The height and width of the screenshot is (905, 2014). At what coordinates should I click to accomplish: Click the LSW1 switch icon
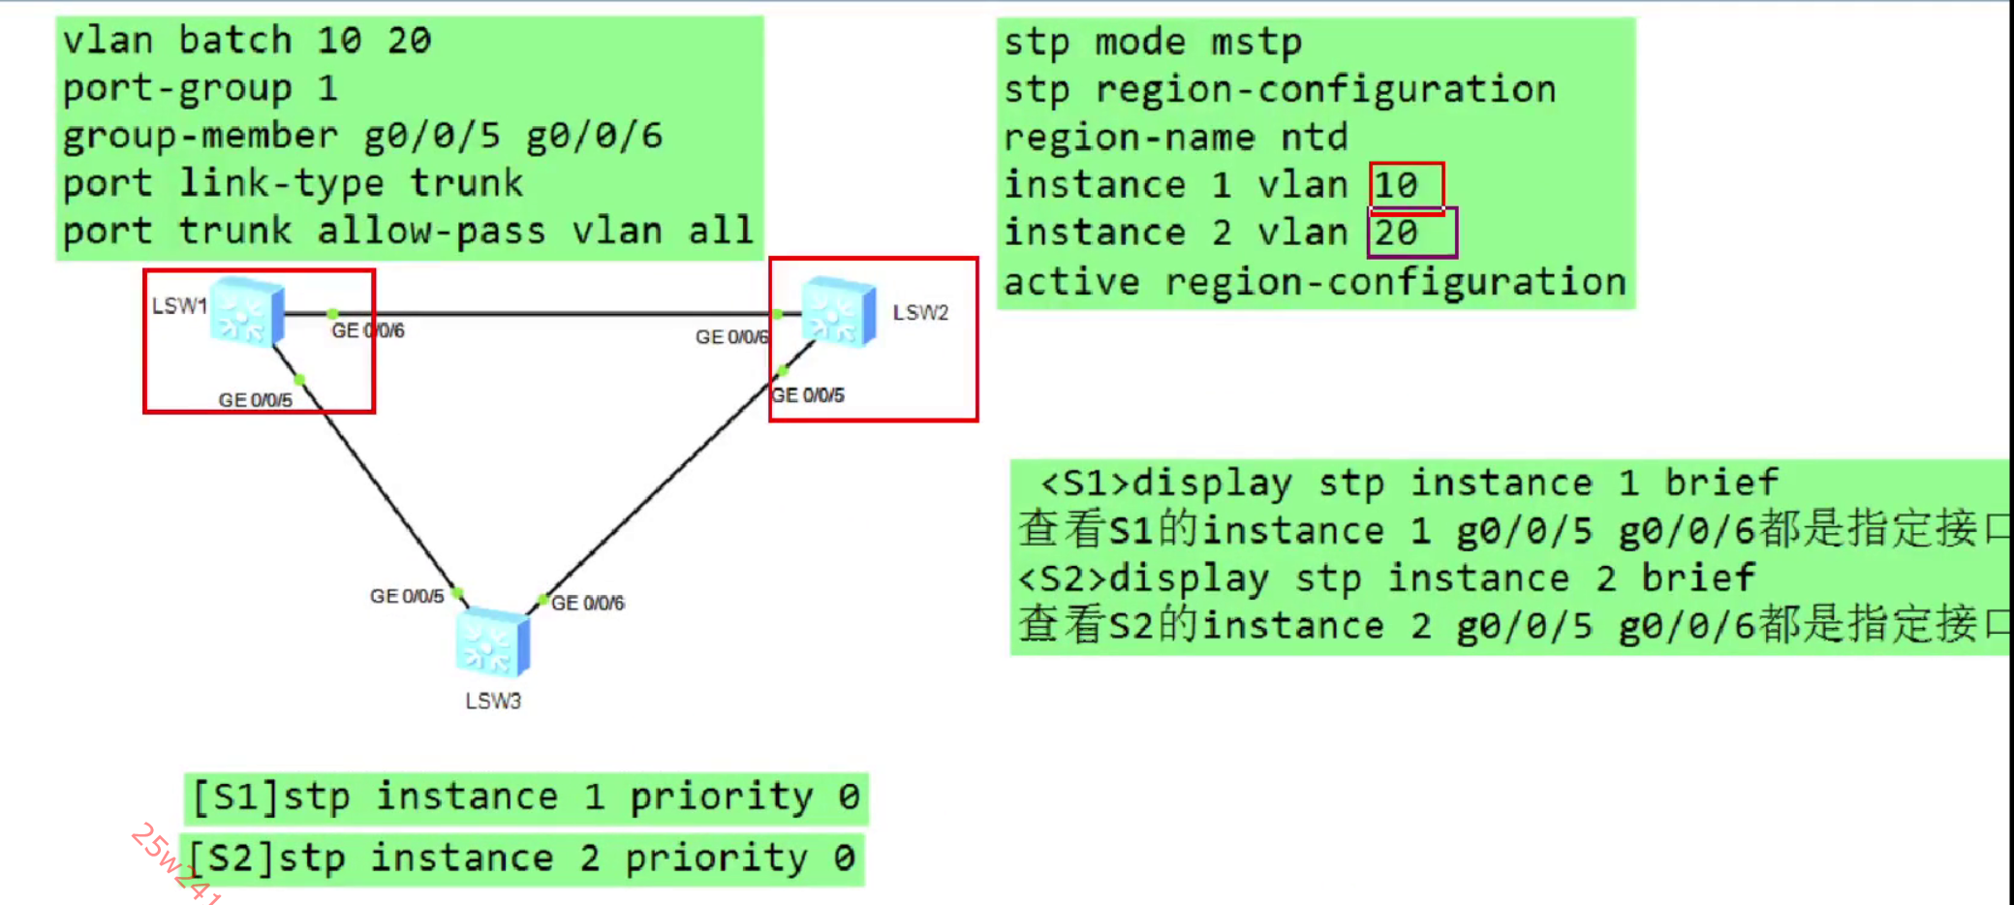pos(247,311)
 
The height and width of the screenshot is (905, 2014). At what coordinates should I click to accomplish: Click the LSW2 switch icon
pos(839,310)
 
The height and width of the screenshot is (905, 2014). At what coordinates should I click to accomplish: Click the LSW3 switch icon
pos(492,642)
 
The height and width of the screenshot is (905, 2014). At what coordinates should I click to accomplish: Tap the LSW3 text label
pos(493,701)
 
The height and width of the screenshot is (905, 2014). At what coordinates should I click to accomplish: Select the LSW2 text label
pos(920,312)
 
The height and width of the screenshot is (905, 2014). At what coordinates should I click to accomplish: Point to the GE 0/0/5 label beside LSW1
pos(255,399)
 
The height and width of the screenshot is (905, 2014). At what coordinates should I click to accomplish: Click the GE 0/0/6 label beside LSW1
pos(368,330)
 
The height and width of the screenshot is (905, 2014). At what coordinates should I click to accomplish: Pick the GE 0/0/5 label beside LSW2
pos(808,395)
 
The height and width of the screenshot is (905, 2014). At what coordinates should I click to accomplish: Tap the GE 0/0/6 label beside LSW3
pos(588,603)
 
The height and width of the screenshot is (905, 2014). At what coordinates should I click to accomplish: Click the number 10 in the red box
pos(1396,185)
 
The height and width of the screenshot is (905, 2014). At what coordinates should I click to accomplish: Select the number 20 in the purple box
pos(1396,233)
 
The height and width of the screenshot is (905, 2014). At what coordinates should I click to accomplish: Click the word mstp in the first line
pos(1256,43)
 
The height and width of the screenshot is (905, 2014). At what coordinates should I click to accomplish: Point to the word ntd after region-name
pos(1314,138)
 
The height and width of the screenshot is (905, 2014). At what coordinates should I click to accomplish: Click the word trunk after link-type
pos(466,183)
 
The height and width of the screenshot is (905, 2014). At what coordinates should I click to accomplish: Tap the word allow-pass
pos(431,232)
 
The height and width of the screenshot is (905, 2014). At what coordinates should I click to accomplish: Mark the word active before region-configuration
pos(1071,282)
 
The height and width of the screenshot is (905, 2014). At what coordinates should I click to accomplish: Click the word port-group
pos(177,89)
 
